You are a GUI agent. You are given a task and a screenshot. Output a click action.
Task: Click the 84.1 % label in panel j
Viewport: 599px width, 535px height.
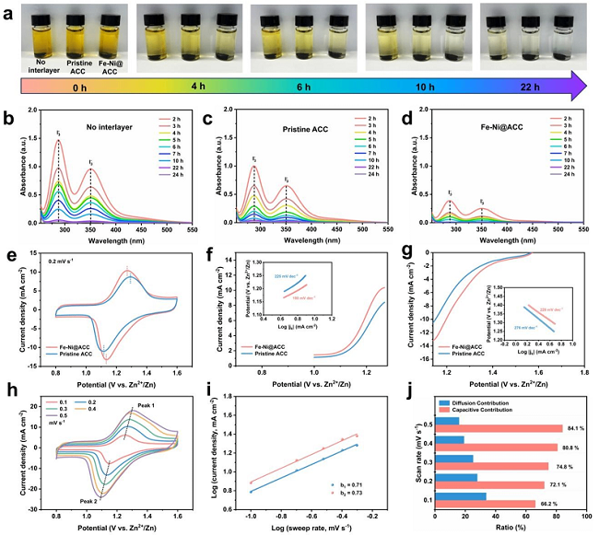pyautogui.click(x=572, y=427)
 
